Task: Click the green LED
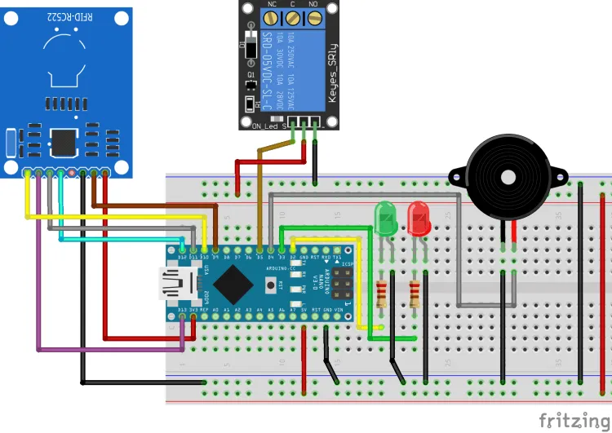385,218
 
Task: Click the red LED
419,218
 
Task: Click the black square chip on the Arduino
236,285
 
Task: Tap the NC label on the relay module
272,5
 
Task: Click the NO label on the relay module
314,5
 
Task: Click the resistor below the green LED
381,293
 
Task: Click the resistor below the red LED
415,293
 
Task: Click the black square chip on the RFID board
64,139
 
